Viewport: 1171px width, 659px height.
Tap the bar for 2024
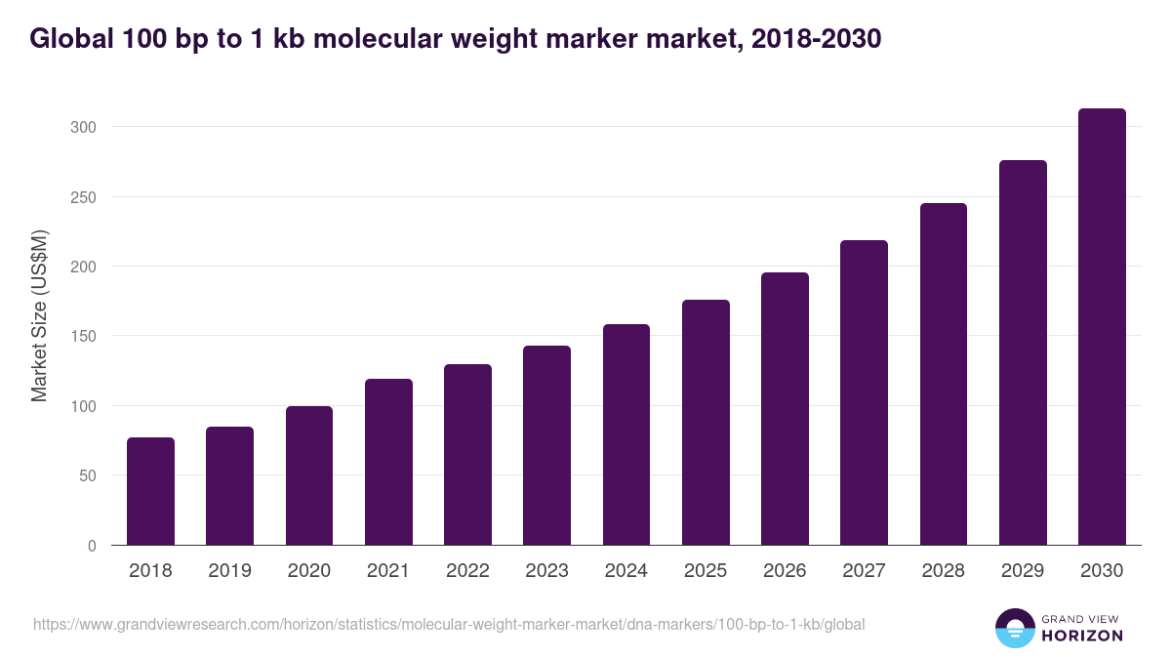pyautogui.click(x=626, y=434)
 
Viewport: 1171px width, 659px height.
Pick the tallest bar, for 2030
pyautogui.click(x=1102, y=327)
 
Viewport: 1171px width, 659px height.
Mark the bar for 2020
pyautogui.click(x=309, y=475)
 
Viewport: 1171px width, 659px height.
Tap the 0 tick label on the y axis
pyautogui.click(x=92, y=546)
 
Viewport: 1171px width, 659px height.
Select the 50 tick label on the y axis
pyautogui.click(x=87, y=475)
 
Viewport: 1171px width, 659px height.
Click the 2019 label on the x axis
pyautogui.click(x=229, y=571)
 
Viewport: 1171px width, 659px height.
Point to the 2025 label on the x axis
pyautogui.click(x=706, y=571)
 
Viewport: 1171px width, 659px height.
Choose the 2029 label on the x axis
pyautogui.click(x=1023, y=571)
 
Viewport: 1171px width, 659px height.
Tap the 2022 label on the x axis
pyautogui.click(x=467, y=571)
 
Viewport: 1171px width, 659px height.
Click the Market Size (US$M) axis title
pyautogui.click(x=39, y=316)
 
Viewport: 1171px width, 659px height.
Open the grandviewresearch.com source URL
pyautogui.click(x=449, y=624)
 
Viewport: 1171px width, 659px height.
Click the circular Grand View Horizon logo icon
pyautogui.click(x=1015, y=628)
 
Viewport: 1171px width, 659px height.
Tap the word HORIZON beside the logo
pyautogui.click(x=1081, y=636)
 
